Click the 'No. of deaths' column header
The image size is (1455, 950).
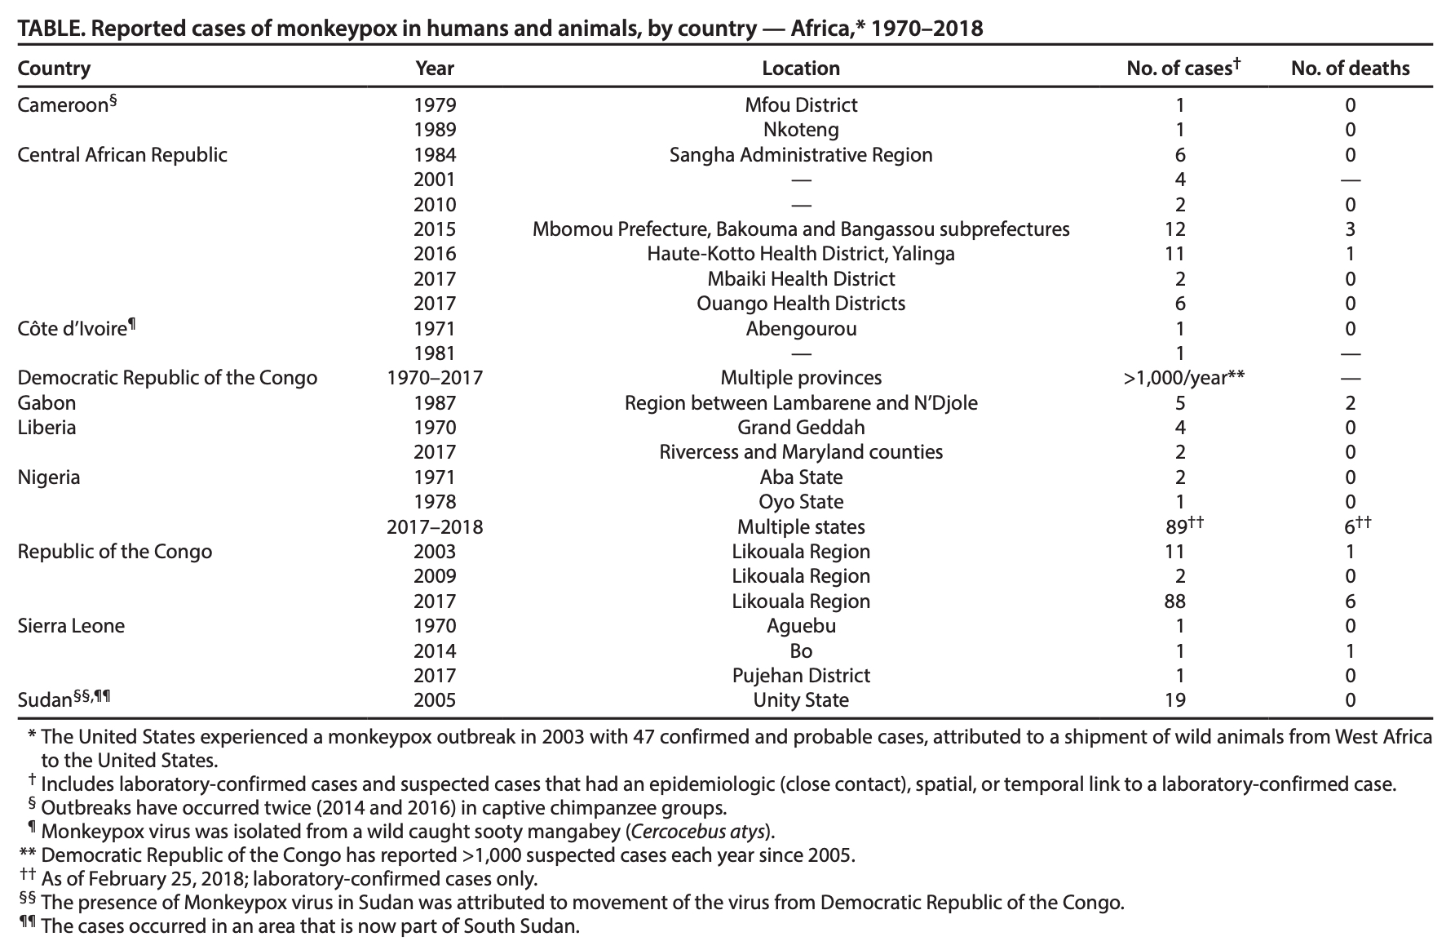pos(1350,69)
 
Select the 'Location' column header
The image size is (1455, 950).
pos(800,69)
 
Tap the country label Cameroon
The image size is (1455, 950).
pos(63,105)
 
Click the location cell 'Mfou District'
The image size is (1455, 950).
pos(800,105)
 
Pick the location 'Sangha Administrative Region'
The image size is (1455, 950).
pos(800,155)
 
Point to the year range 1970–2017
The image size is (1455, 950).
pos(435,378)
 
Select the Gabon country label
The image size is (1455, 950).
pos(46,403)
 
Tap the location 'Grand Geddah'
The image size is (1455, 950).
pos(800,428)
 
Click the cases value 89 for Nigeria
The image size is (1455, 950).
pos(1176,527)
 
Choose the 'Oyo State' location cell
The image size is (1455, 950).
pos(800,502)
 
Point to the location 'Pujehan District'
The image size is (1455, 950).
pos(800,676)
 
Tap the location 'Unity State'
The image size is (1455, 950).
pos(800,700)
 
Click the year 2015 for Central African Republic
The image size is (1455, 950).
pos(435,229)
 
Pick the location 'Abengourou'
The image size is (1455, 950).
pos(800,329)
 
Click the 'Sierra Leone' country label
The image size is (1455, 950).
pos(71,626)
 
